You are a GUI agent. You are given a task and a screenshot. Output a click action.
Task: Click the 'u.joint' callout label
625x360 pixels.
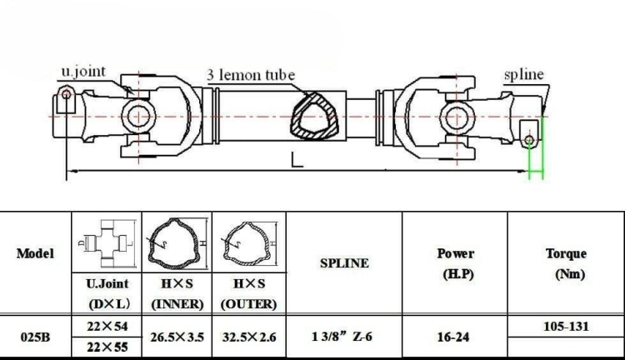click(83, 72)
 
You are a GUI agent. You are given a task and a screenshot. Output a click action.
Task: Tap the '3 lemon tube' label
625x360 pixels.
click(251, 75)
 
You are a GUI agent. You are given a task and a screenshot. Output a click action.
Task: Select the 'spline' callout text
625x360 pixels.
click(524, 75)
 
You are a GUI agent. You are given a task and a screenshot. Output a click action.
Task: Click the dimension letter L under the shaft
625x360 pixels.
click(297, 159)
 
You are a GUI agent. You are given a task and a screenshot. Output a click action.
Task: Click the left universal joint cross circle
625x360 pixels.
click(138, 117)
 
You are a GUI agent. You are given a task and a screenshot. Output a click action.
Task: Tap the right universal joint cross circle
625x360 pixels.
click(457, 117)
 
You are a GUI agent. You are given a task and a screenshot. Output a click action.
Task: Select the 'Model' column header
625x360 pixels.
click(35, 253)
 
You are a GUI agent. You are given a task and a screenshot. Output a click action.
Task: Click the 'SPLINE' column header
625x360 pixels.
click(344, 263)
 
